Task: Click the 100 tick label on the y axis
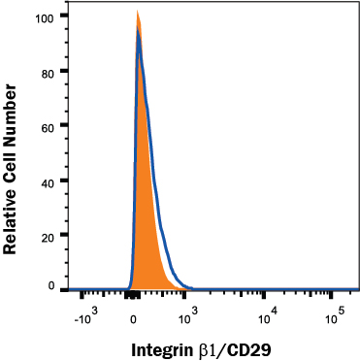point(45,16)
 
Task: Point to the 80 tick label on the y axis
point(48,71)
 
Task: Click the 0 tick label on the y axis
point(51,287)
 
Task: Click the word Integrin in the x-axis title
point(162,346)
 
